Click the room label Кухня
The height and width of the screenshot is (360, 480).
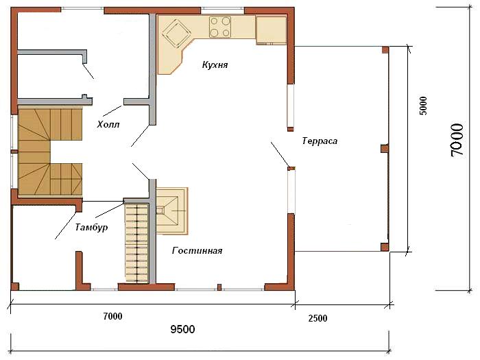click(x=215, y=65)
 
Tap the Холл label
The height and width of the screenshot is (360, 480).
click(x=108, y=125)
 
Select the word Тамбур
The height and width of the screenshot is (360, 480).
click(x=91, y=227)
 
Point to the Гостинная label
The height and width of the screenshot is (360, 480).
click(x=197, y=251)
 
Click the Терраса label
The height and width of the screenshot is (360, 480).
click(x=320, y=141)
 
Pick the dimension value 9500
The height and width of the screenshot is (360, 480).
click(x=182, y=329)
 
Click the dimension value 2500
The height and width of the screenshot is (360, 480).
click(x=317, y=318)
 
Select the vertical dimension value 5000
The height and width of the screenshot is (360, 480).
click(x=422, y=106)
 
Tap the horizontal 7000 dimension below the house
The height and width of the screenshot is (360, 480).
click(x=112, y=316)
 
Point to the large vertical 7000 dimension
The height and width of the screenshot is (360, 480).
click(x=457, y=140)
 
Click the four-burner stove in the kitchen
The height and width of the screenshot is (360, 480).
click(x=220, y=27)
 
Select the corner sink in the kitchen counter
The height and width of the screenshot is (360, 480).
click(x=176, y=34)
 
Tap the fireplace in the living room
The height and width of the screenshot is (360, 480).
click(x=171, y=211)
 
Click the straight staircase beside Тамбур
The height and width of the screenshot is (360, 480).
click(x=137, y=243)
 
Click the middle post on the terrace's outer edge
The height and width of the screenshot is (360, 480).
click(x=385, y=149)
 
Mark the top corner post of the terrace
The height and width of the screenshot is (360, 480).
click(x=385, y=50)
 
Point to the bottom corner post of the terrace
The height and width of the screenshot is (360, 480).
click(x=385, y=247)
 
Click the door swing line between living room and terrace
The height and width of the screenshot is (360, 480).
click(x=280, y=154)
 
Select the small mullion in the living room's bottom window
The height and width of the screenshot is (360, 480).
click(x=219, y=287)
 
